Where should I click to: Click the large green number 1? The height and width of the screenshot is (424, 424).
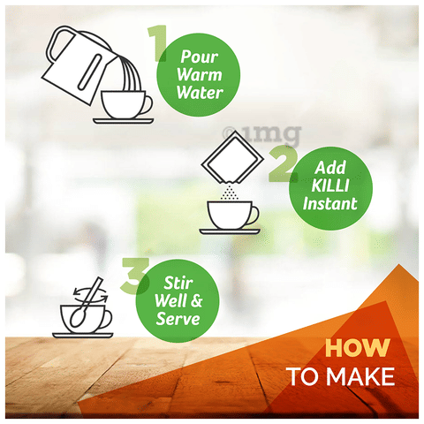(157, 43)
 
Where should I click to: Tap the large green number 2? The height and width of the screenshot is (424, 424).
(283, 163)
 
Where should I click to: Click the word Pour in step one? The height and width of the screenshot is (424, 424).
(200, 57)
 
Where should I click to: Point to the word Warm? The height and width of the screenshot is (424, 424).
(200, 74)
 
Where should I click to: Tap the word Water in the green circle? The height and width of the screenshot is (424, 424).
(200, 93)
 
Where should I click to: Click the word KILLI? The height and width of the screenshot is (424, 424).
(330, 185)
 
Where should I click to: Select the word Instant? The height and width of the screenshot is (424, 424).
(330, 203)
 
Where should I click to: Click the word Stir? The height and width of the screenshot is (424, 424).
(178, 283)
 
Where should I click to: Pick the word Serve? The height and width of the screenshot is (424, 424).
(178, 319)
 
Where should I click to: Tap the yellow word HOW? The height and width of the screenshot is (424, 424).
(358, 348)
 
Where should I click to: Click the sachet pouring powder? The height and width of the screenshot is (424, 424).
(232, 157)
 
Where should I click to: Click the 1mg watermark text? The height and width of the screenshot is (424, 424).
(261, 135)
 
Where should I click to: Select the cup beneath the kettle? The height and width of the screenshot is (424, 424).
(126, 104)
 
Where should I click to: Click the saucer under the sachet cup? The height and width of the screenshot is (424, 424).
(230, 231)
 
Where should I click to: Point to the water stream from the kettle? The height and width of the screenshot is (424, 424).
(130, 73)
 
